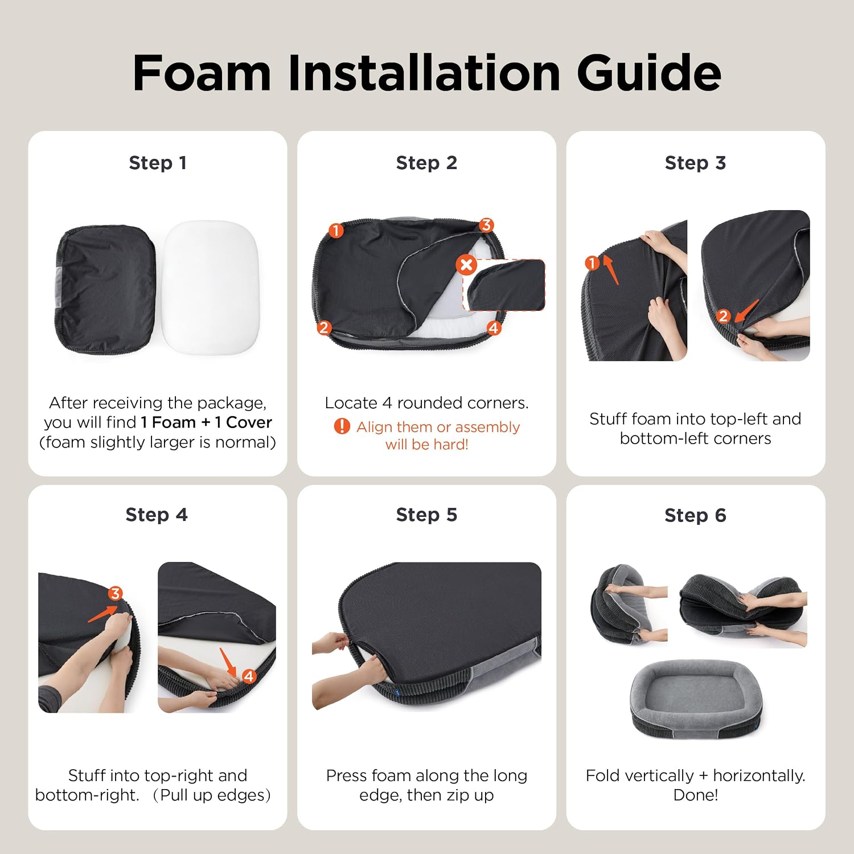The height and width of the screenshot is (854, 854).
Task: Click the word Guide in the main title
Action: point(649,73)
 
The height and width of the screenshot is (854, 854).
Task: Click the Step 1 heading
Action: point(158,163)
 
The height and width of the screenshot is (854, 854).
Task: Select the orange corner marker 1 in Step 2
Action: point(336,231)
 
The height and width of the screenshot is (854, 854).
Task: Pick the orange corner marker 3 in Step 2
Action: point(486,225)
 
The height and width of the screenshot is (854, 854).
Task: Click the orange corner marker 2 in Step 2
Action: point(324,327)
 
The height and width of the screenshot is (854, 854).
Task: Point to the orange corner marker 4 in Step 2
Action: point(493,328)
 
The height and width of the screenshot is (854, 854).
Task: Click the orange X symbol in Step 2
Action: point(466,265)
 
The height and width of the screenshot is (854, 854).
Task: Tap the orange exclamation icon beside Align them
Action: point(342,426)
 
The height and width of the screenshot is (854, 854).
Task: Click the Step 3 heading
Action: point(695,163)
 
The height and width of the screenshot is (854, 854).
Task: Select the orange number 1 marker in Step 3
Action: point(592,262)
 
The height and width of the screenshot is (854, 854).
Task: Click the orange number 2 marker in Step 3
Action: point(723,316)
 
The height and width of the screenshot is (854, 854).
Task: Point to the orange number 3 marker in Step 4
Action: point(116,594)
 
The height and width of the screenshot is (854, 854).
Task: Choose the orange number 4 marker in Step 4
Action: point(249,676)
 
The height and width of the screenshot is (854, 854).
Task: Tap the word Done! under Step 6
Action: point(695,795)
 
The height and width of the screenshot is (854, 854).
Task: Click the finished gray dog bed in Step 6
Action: point(695,698)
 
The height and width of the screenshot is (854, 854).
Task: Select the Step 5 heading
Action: point(426,515)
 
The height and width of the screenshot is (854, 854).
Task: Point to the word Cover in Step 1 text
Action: point(249,422)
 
